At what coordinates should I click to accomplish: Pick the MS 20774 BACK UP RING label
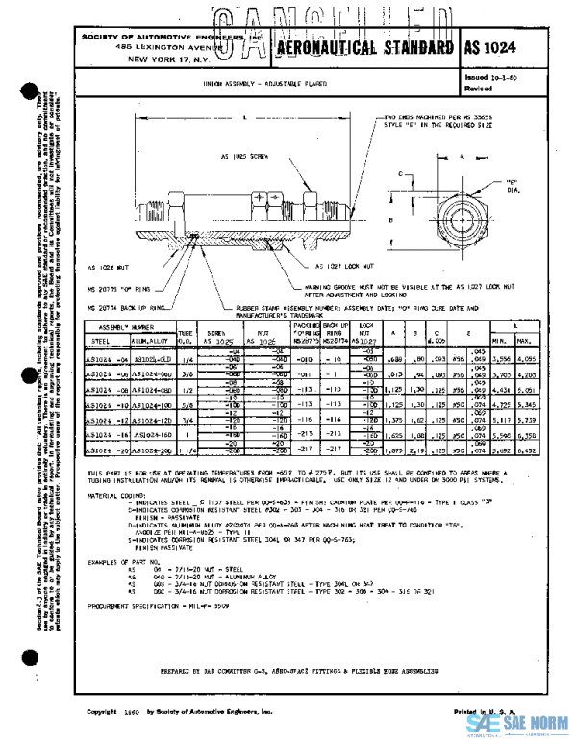124,306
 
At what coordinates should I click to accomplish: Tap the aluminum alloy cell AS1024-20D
147,450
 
